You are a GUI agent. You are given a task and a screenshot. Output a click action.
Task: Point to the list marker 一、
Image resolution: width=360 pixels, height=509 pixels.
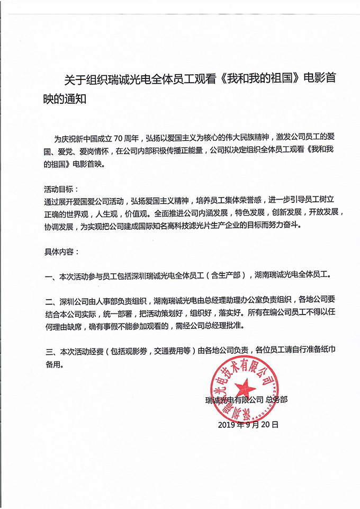[x=51, y=275]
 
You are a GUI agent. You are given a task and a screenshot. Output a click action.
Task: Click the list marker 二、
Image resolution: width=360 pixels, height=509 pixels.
[x=51, y=301]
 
